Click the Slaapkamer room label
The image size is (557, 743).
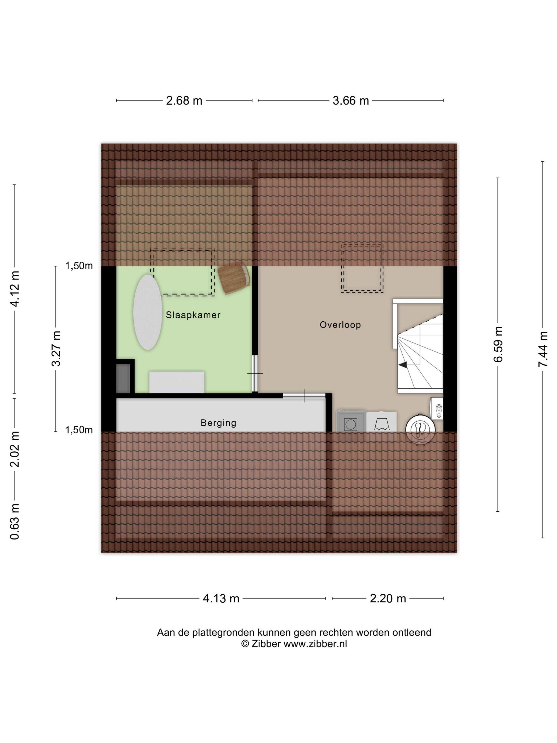(x=193, y=315)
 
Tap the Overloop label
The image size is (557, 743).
(x=340, y=325)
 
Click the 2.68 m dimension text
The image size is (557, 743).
(x=184, y=100)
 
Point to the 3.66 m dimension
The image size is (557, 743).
(x=351, y=100)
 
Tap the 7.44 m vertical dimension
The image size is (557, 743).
(x=543, y=349)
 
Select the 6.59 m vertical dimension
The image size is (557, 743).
(x=498, y=344)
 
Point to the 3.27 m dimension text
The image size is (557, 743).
(x=56, y=348)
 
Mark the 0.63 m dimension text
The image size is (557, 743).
(x=15, y=522)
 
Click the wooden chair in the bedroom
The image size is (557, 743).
(x=234, y=278)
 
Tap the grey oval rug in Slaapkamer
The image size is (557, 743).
(x=148, y=312)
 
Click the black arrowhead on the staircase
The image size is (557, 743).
(x=403, y=364)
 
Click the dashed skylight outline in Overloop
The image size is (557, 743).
(x=362, y=268)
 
